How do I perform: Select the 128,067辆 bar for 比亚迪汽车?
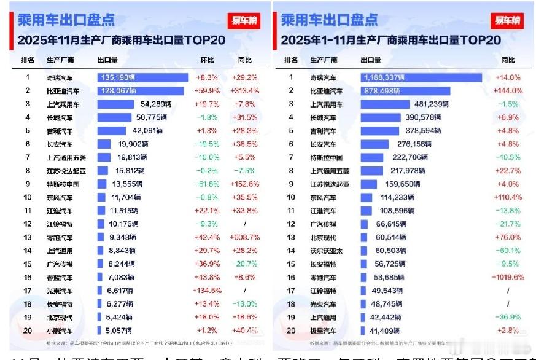tap(141, 91)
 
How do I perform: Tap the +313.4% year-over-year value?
tap(245, 91)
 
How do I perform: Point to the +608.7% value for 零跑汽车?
tap(245, 237)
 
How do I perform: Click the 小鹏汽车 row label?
tap(60, 330)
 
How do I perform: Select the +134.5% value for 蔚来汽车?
tap(207, 290)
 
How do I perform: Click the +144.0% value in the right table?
tap(507, 91)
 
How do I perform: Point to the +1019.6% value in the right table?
tap(507, 277)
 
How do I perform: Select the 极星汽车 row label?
tap(324, 330)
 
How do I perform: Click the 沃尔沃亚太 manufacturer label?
tap(326, 251)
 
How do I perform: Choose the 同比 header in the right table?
tap(508, 60)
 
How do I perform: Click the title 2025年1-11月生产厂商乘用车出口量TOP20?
tap(390, 41)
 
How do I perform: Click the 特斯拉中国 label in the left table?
tap(63, 184)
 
